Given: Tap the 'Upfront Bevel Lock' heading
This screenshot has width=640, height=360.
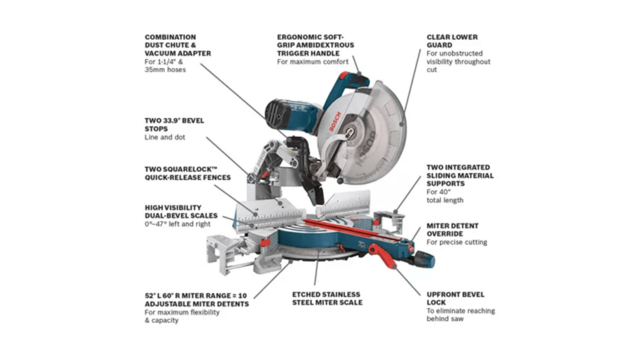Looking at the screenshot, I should tap(456, 298).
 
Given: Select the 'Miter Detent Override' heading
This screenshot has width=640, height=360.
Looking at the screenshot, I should tap(452, 229).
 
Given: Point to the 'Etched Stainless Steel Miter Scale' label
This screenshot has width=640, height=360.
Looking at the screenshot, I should tap(327, 298).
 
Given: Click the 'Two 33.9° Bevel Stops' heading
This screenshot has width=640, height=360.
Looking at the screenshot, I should tap(174, 124).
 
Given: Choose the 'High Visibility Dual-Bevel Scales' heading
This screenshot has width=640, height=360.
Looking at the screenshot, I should tap(174, 211).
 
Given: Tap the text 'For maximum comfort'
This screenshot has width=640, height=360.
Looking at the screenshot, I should tap(313, 62).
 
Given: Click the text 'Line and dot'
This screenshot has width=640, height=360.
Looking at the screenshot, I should tap(165, 137).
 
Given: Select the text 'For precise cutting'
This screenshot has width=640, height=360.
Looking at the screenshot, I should tap(457, 242).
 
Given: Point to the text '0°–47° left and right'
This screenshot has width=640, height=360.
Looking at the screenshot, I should tap(177, 224).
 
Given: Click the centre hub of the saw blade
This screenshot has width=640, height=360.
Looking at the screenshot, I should tap(354, 132).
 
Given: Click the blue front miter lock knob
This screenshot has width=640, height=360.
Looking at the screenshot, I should tap(425, 258).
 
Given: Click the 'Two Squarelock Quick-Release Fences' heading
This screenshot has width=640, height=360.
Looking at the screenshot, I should tap(187, 172).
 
